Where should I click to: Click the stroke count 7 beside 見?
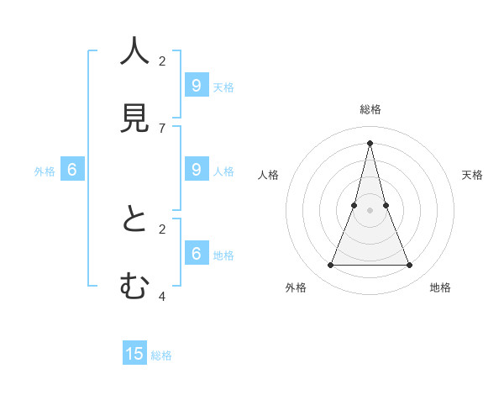point(162,128)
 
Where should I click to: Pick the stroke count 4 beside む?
point(162,296)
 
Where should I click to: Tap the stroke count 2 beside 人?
point(162,61)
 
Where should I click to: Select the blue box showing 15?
point(134,354)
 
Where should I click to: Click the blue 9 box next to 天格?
point(196,85)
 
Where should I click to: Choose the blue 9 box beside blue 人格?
point(196,169)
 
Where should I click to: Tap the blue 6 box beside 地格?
point(196,253)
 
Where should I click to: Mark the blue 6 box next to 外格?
point(72,169)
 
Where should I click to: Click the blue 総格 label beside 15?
point(161,355)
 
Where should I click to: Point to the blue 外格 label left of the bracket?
point(45,171)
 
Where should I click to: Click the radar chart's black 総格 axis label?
point(370,109)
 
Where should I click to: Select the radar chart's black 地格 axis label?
point(440,287)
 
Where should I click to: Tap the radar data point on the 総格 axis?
point(370,142)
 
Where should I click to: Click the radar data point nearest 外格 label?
point(330,266)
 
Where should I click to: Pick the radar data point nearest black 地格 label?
point(410,266)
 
